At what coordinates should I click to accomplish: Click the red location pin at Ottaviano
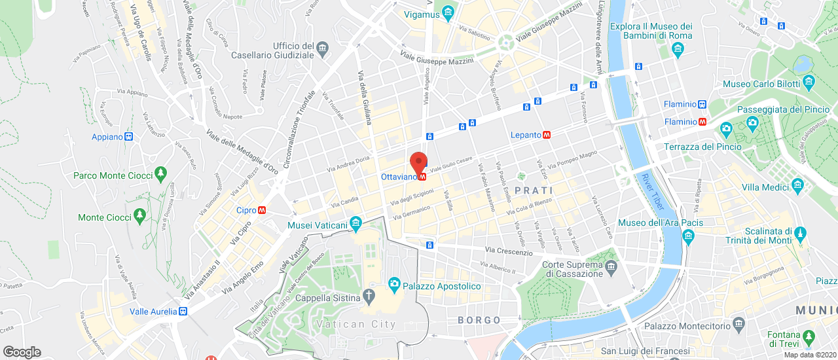tap(418, 161)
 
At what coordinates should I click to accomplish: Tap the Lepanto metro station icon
tap(547, 135)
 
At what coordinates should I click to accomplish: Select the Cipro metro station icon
tap(261, 210)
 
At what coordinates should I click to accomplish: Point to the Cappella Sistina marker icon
tap(369, 297)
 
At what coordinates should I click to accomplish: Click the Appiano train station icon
tap(129, 137)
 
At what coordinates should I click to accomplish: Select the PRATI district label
tap(534, 190)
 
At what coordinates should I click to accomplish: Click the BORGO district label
tap(479, 320)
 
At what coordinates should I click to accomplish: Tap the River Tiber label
tap(652, 192)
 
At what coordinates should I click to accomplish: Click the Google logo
tap(22, 351)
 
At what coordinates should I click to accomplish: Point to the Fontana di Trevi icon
tap(809, 337)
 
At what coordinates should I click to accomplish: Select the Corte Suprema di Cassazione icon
tap(611, 266)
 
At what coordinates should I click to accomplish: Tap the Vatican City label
tap(356, 324)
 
